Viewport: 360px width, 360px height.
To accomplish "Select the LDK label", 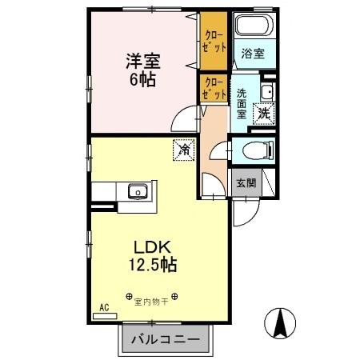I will coord(148,245).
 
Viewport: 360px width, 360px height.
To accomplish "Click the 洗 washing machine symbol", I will coord(263,114).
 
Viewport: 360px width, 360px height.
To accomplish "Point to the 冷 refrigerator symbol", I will coord(183,149).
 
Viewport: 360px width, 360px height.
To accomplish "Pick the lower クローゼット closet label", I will coord(212,88).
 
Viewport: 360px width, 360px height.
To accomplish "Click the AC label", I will coord(104,307).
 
